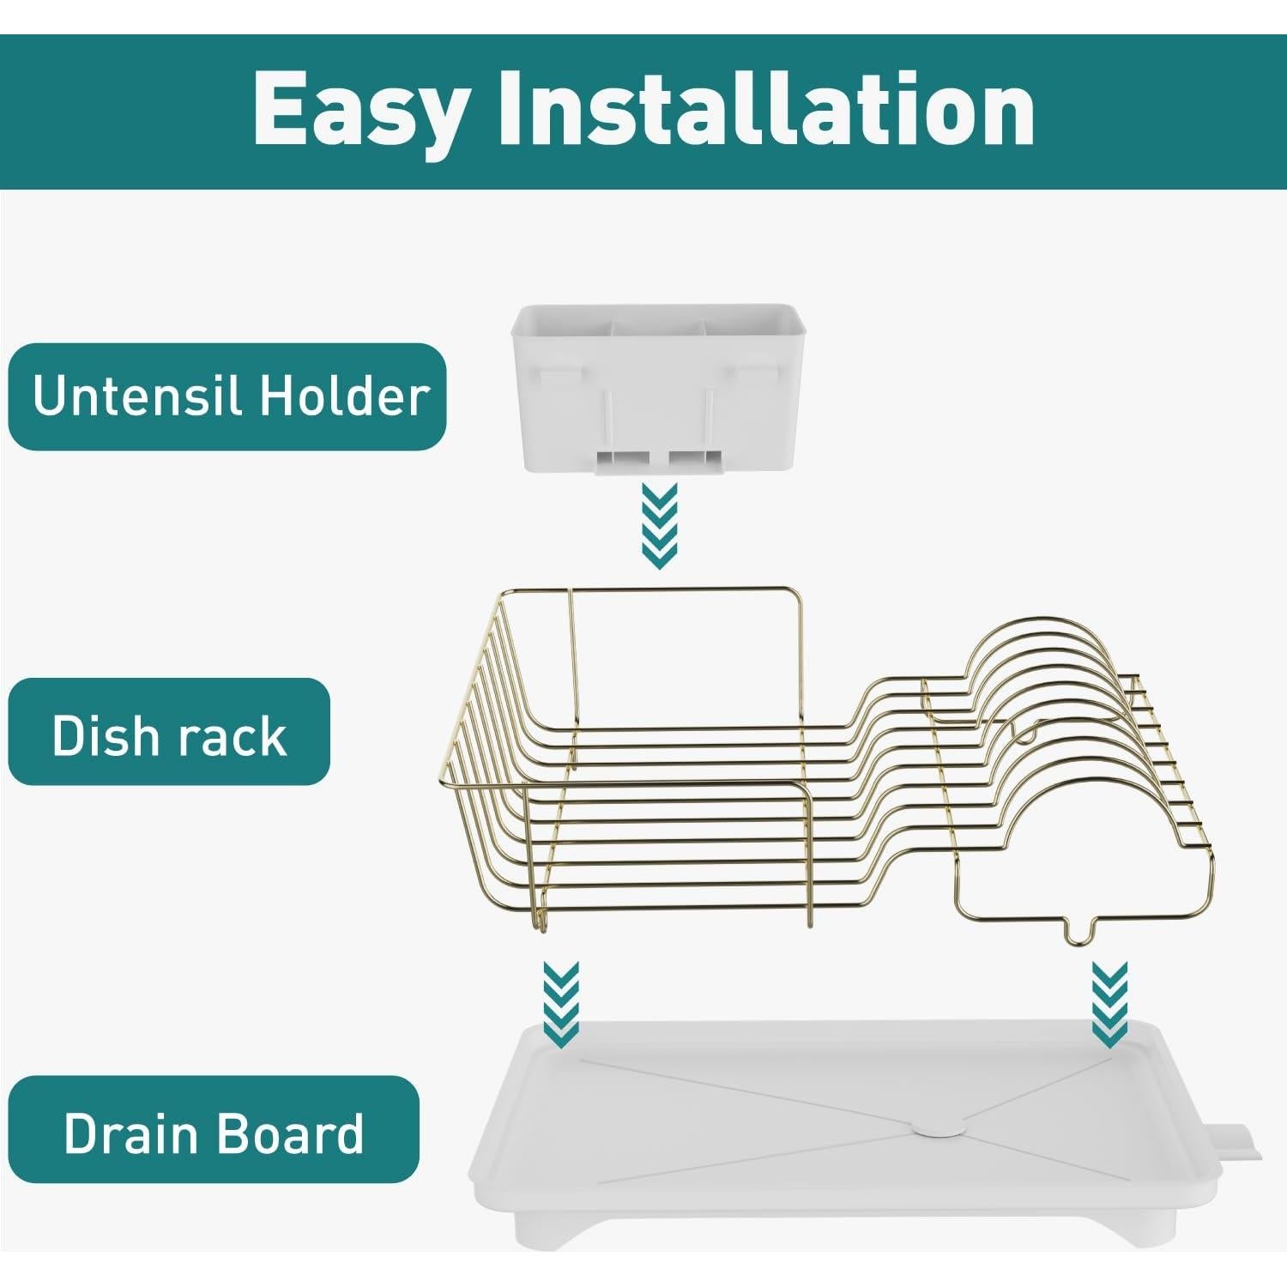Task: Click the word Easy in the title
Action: click(361, 110)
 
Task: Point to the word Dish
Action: click(105, 734)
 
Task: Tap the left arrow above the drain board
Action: click(561, 1005)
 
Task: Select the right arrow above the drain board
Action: click(1109, 1005)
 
